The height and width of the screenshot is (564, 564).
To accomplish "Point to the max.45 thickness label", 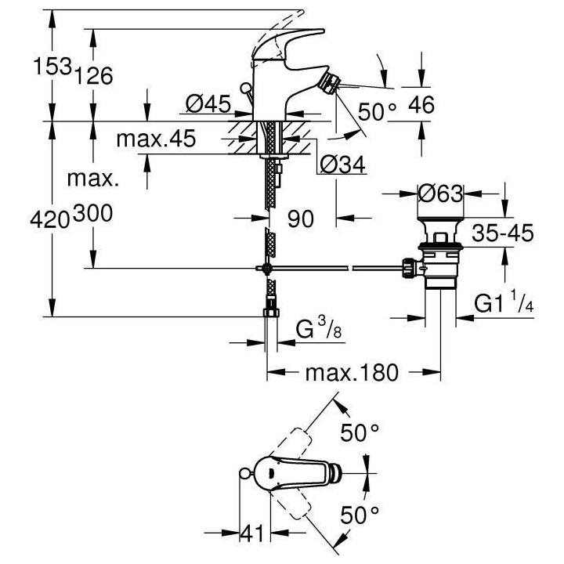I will [x=155, y=139].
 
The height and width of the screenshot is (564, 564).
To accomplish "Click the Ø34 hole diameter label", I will [x=341, y=164].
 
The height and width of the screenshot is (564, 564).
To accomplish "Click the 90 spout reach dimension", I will [x=300, y=219].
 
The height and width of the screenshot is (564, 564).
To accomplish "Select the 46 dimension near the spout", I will [x=421, y=105].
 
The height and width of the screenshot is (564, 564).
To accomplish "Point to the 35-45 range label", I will [x=501, y=233].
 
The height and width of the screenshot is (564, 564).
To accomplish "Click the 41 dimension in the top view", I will [x=251, y=534].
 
